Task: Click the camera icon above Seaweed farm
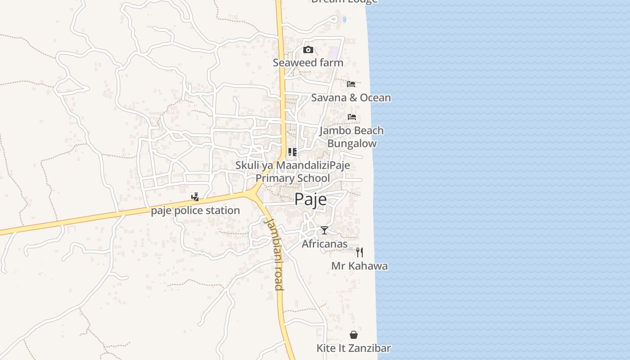pyautogui.click(x=308, y=49)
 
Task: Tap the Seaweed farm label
pyautogui.click(x=308, y=63)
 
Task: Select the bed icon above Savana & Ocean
pyautogui.click(x=351, y=84)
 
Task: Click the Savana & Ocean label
pyautogui.click(x=351, y=98)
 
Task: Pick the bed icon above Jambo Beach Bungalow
pyautogui.click(x=352, y=117)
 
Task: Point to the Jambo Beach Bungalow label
pyautogui.click(x=351, y=137)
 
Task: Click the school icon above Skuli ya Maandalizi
pyautogui.click(x=292, y=152)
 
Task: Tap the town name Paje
pyautogui.click(x=310, y=199)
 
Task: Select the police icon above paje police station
pyautogui.click(x=195, y=197)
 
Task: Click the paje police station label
pyautogui.click(x=195, y=211)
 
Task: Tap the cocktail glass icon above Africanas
pyautogui.click(x=324, y=231)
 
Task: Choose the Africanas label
pyautogui.click(x=324, y=244)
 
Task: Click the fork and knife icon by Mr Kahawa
pyautogui.click(x=360, y=252)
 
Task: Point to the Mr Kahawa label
pyautogui.click(x=359, y=266)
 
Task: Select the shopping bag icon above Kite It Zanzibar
pyautogui.click(x=354, y=335)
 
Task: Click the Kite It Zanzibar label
pyautogui.click(x=353, y=348)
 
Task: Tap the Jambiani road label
pyautogui.click(x=274, y=254)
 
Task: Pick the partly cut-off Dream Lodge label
pyautogui.click(x=344, y=2)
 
